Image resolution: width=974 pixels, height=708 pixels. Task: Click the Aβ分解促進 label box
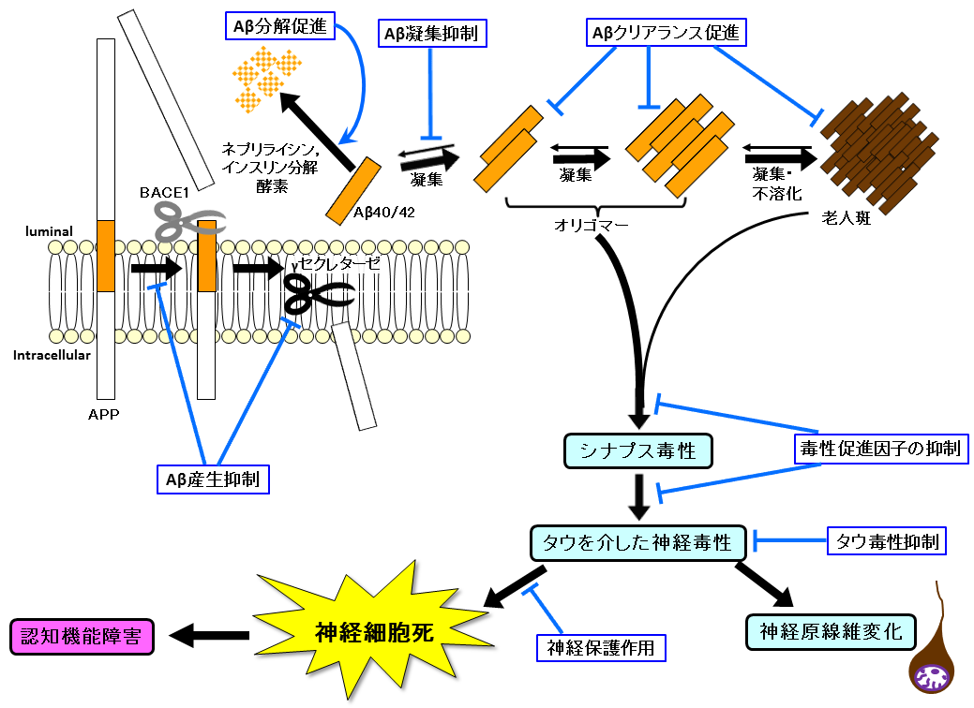pyautogui.click(x=281, y=27)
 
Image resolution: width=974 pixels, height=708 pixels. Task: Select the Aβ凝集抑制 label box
pyautogui.click(x=430, y=35)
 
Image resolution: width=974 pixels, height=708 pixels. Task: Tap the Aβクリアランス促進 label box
pyautogui.click(x=667, y=34)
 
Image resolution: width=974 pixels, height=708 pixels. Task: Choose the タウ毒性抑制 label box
pyautogui.click(x=887, y=541)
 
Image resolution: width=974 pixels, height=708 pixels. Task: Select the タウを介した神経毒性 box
pyautogui.click(x=638, y=541)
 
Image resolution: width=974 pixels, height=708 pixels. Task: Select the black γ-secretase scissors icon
pyautogui.click(x=319, y=295)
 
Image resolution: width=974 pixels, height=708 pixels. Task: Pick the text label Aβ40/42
pyautogui.click(x=385, y=211)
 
